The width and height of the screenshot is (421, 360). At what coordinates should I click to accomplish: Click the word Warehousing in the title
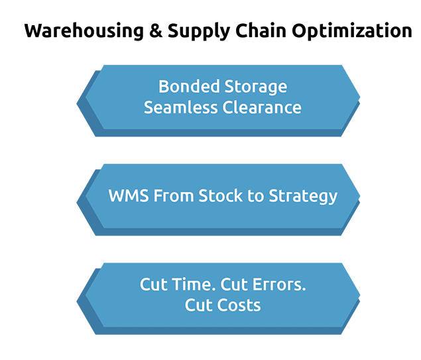click(84, 30)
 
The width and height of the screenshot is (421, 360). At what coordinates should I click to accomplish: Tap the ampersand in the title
click(156, 30)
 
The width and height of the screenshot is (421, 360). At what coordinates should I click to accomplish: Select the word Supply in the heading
click(199, 32)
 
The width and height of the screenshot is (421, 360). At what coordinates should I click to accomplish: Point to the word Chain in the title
click(261, 30)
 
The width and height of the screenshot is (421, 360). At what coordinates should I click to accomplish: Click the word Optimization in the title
click(352, 31)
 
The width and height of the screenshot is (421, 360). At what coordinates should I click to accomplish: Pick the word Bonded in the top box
click(189, 86)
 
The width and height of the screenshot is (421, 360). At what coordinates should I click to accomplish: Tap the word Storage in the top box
click(256, 88)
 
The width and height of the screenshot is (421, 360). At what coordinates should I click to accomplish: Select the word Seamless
click(181, 107)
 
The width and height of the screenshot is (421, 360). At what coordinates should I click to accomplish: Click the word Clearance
click(262, 107)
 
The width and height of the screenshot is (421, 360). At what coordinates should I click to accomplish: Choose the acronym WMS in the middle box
click(129, 196)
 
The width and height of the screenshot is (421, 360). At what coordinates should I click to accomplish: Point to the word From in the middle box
click(174, 196)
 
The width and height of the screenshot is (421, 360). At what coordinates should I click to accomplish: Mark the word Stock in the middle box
click(220, 196)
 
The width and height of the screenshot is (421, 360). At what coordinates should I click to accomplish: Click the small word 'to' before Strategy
click(256, 196)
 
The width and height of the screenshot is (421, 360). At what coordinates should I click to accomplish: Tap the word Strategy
click(303, 196)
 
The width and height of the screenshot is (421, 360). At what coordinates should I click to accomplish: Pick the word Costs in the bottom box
click(239, 305)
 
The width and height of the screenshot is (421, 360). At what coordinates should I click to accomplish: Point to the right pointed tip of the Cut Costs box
click(360, 295)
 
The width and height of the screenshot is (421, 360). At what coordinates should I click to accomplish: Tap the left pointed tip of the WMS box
click(77, 202)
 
